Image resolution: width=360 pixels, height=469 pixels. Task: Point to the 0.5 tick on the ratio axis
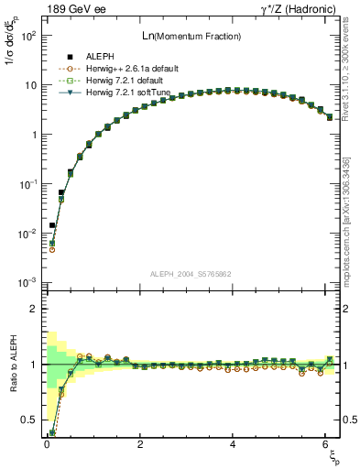tap(27, 420)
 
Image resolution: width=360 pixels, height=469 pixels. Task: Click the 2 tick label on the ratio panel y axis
tap(31, 309)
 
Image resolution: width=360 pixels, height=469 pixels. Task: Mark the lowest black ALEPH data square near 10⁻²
tap(52, 225)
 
